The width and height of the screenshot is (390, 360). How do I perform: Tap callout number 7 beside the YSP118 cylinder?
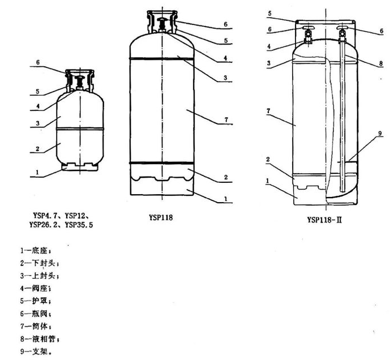click(x=225, y=120)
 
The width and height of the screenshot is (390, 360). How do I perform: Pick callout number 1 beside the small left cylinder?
click(x=37, y=173)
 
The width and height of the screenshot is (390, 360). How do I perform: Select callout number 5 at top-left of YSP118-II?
click(x=270, y=12)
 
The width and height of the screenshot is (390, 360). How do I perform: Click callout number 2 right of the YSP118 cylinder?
click(x=225, y=178)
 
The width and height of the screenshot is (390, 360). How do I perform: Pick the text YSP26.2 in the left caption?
click(x=44, y=225)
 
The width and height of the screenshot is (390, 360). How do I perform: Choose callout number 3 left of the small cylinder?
click(x=37, y=124)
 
